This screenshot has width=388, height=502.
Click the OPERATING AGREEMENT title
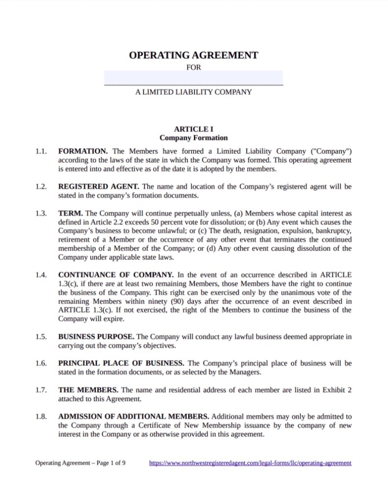point(194,55)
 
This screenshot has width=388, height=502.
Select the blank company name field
point(194,78)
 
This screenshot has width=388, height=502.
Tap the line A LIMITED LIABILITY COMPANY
point(194,92)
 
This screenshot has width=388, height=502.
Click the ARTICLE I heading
point(194,129)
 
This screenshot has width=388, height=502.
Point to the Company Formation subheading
point(194,138)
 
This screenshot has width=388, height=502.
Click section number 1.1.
point(41,151)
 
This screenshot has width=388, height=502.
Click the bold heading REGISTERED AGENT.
point(98,187)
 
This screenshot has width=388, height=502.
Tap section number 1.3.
point(41,213)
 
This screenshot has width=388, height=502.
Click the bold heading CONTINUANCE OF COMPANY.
point(116,275)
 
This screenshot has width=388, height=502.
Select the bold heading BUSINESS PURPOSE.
point(96,337)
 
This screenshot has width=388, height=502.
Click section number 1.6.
point(41,363)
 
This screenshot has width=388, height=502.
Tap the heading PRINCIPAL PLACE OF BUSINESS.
point(121,363)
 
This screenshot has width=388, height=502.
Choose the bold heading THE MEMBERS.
point(88,390)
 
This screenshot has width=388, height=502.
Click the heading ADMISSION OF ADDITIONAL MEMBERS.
point(134,416)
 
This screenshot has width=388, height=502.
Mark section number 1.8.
point(41,416)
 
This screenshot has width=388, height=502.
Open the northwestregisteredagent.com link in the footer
point(250,463)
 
